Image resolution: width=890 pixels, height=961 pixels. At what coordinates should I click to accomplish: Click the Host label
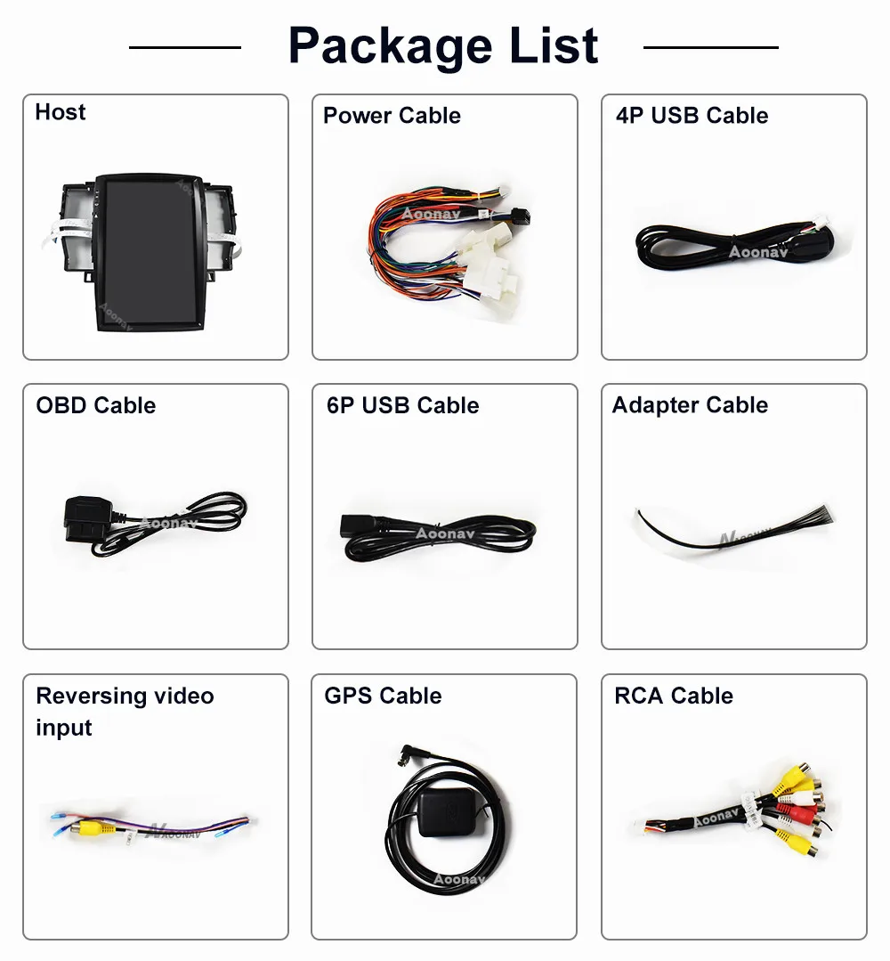61,112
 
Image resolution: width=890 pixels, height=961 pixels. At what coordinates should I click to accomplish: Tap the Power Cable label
392,116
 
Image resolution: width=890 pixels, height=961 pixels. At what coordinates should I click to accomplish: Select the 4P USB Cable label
692,116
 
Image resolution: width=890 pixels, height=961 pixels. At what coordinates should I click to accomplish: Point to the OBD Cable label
95,405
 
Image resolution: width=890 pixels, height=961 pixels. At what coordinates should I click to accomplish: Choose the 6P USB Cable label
402,405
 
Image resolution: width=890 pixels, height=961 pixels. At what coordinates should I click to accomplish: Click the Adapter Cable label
690,405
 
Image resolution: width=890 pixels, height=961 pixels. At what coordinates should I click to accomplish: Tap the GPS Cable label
383,696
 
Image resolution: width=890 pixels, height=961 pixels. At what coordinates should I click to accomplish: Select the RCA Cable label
674,696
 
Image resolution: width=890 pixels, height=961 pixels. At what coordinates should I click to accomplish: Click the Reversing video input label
125,711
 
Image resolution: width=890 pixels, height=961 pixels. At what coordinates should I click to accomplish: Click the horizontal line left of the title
184,46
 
